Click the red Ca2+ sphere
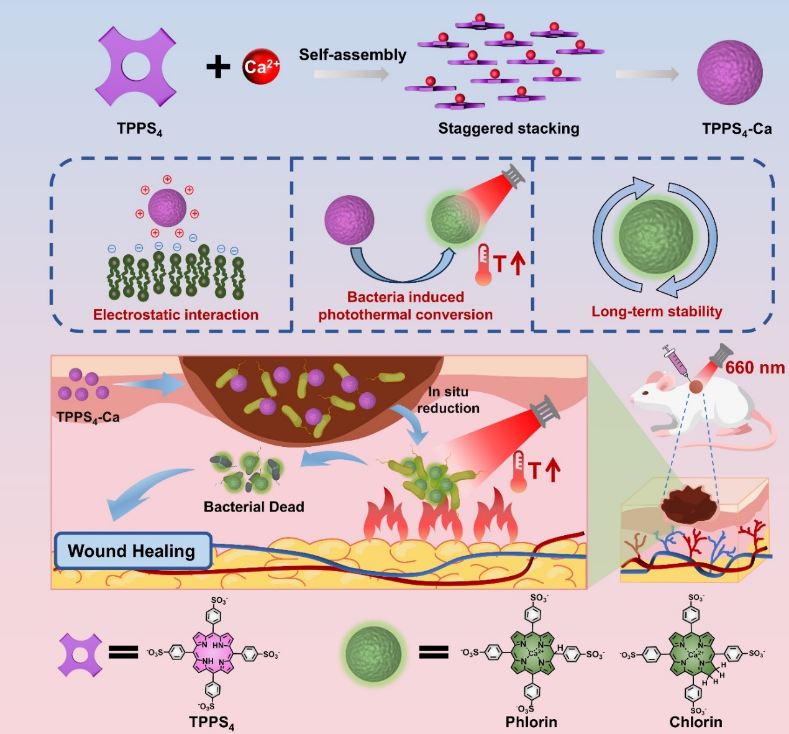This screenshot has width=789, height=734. point(261,67)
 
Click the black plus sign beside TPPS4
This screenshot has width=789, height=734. point(217,67)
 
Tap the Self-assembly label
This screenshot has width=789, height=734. point(352,55)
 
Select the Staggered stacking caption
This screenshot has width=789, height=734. point(508,129)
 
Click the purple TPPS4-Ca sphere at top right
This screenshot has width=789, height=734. point(729,73)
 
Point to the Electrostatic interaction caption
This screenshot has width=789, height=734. point(176,314)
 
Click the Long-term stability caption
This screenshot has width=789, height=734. point(657,311)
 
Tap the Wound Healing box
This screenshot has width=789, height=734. point(132,551)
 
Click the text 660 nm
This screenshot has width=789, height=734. point(754,367)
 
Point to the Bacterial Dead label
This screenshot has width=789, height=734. point(253,507)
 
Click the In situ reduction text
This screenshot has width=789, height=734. point(448,400)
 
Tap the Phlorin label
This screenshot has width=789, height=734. point(531,722)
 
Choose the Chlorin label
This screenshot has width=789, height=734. point(696,722)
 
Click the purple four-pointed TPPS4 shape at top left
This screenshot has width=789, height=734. point(136,67)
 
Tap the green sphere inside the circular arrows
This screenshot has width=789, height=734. point(655,236)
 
